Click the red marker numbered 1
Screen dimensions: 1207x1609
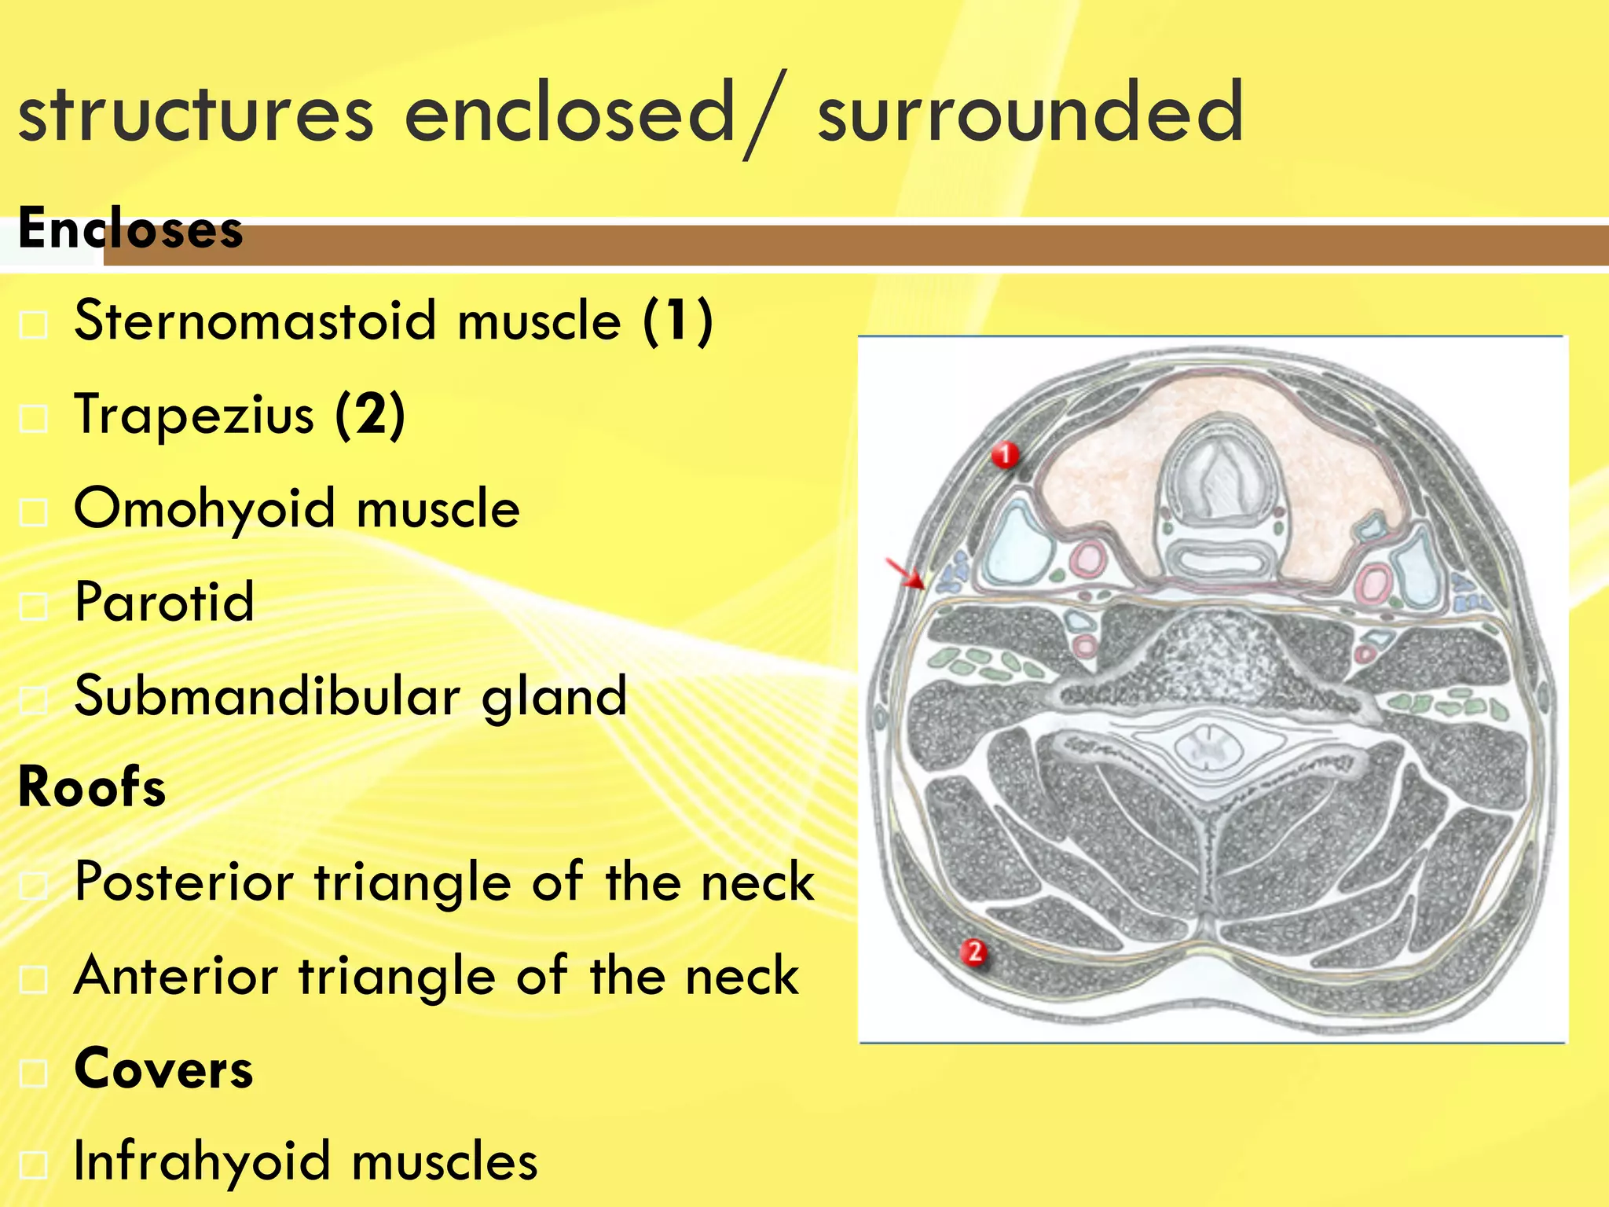(x=1005, y=455)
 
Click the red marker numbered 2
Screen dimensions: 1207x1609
(x=974, y=952)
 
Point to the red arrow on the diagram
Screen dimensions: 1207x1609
(x=906, y=574)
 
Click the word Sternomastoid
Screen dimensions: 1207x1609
(x=255, y=321)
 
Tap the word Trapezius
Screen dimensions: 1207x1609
(x=193, y=414)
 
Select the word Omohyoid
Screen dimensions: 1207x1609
(x=204, y=508)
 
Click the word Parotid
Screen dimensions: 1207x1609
(x=164, y=602)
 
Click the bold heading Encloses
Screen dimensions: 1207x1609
(x=130, y=229)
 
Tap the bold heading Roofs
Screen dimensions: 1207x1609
(x=92, y=787)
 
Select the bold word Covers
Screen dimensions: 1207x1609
(x=163, y=1069)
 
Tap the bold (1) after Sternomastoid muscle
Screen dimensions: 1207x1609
(x=677, y=321)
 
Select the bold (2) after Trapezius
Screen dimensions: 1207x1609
(x=370, y=414)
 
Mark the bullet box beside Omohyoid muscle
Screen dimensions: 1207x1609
(x=34, y=512)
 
